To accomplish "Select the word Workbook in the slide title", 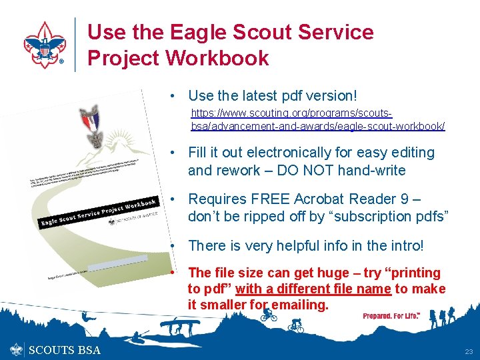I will click(217, 58).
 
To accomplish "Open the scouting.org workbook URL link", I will click(318, 120).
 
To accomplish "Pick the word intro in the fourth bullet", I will click(403, 245).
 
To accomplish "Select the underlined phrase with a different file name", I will click(313, 289).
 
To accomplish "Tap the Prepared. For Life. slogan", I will click(391, 315).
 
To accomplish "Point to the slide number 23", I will click(468, 351).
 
